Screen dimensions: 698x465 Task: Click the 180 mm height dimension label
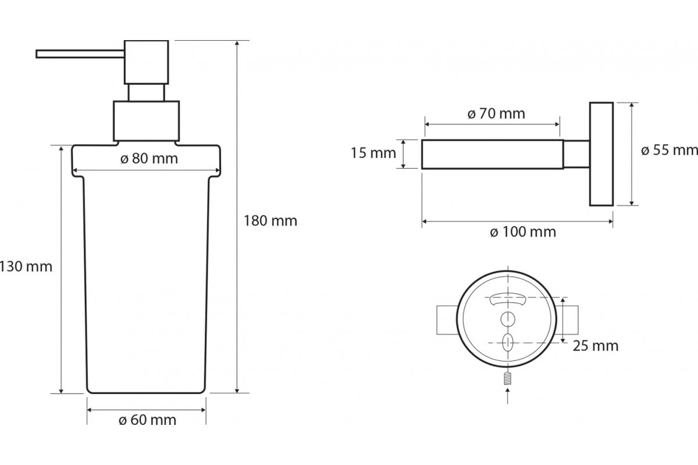(x=270, y=221)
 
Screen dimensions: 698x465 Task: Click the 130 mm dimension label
(x=26, y=267)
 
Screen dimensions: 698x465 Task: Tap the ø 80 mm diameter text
(x=149, y=159)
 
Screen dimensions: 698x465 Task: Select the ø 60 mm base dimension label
(x=147, y=420)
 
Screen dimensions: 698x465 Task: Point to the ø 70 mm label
(x=496, y=113)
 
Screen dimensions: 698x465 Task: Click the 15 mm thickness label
(x=373, y=153)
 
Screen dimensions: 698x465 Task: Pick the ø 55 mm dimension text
(x=669, y=150)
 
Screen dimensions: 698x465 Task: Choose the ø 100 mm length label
(x=523, y=232)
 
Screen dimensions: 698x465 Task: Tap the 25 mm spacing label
(x=596, y=346)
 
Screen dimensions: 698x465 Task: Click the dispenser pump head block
(x=147, y=62)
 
